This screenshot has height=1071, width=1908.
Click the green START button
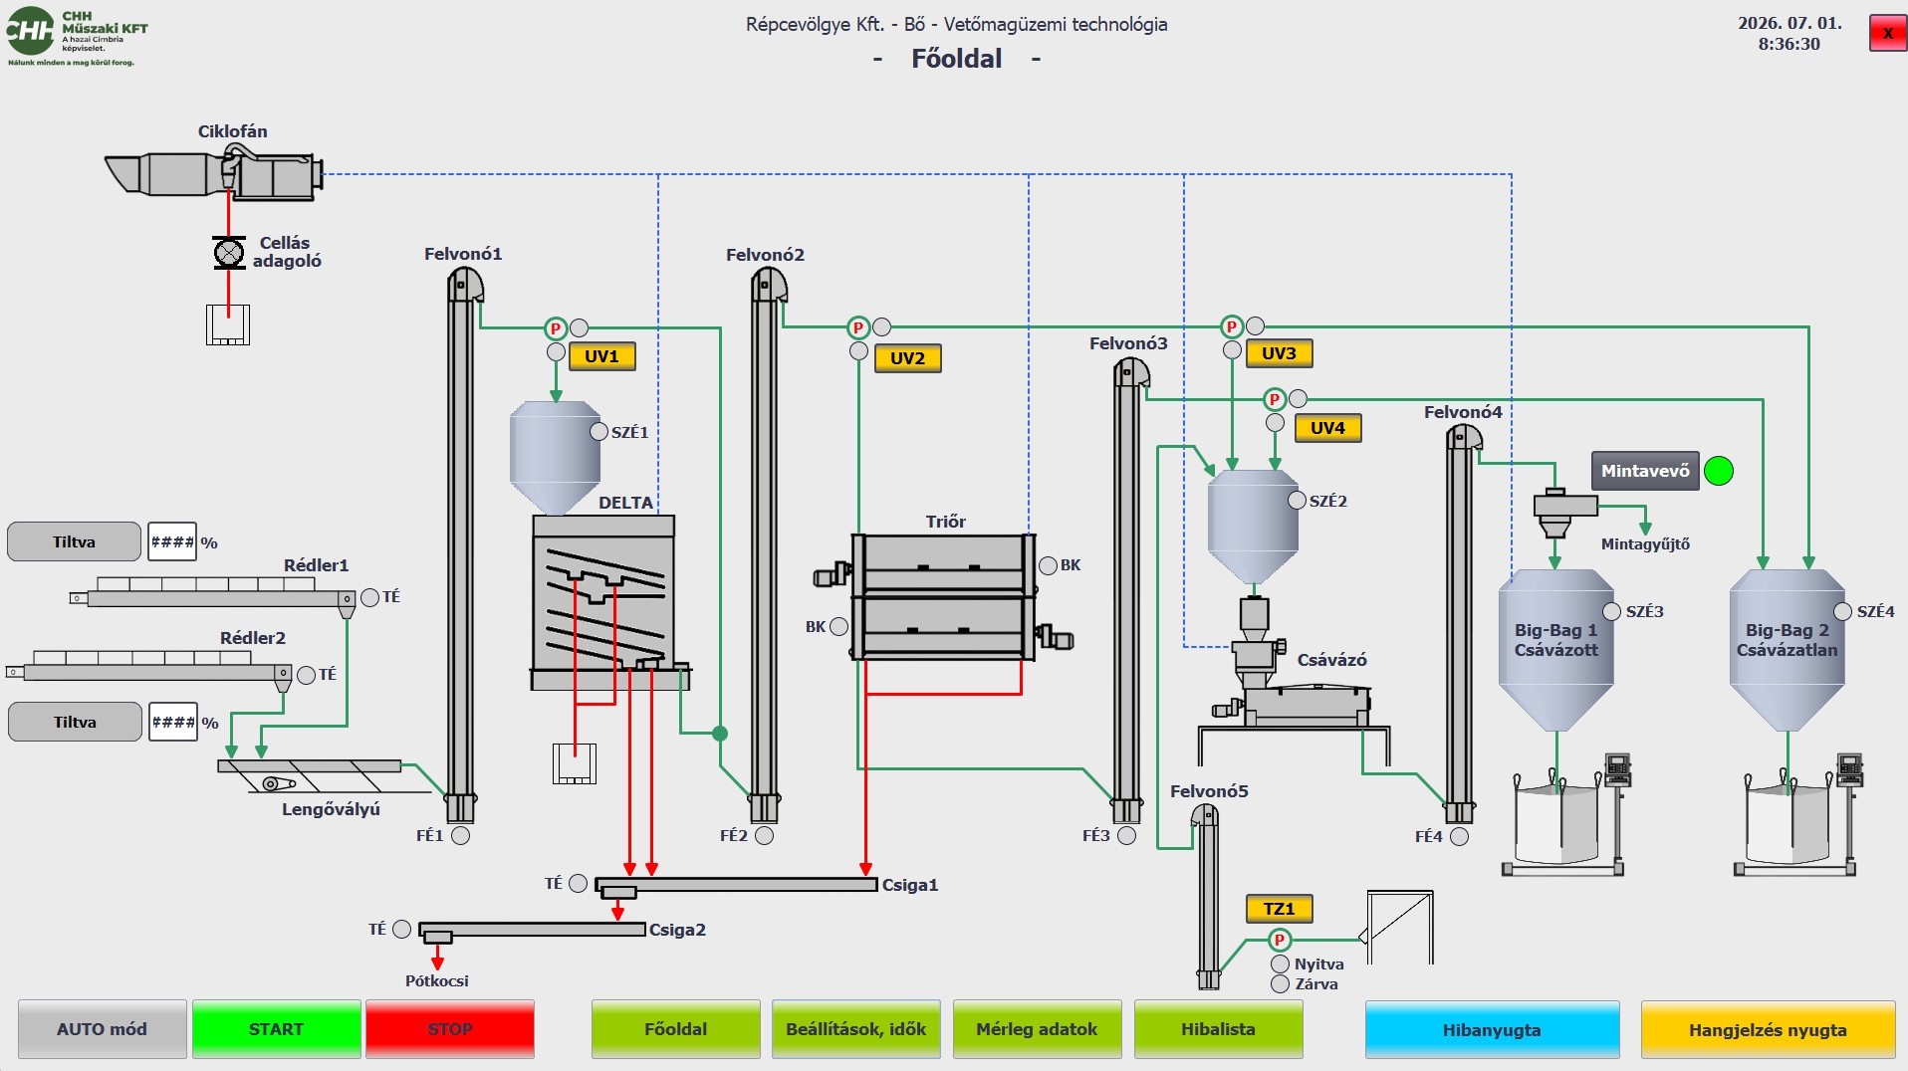tap(276, 1029)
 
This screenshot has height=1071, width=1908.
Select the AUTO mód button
tap(102, 1029)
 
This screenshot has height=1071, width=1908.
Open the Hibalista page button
tap(1218, 1029)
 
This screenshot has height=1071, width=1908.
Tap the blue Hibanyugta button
tap(1492, 1030)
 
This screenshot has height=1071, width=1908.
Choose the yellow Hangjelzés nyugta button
tap(1768, 1030)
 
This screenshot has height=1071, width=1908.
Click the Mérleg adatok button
tap(1037, 1029)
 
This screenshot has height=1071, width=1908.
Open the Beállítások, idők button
tap(856, 1029)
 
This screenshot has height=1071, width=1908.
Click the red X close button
tap(1887, 33)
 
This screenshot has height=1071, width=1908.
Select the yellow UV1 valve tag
tap(601, 356)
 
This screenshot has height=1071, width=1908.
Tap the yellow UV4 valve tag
tap(1327, 428)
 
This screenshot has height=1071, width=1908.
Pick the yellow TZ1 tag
tap(1280, 909)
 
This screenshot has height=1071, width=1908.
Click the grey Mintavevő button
tap(1645, 471)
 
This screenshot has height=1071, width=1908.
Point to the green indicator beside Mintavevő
tap(1719, 471)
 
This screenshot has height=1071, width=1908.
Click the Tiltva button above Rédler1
tap(75, 541)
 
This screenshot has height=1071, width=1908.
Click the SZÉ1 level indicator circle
tap(598, 432)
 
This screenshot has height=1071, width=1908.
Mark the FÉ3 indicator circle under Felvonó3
tap(1126, 836)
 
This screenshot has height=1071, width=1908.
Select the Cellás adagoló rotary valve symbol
tap(229, 252)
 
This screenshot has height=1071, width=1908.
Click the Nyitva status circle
tap(1280, 964)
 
